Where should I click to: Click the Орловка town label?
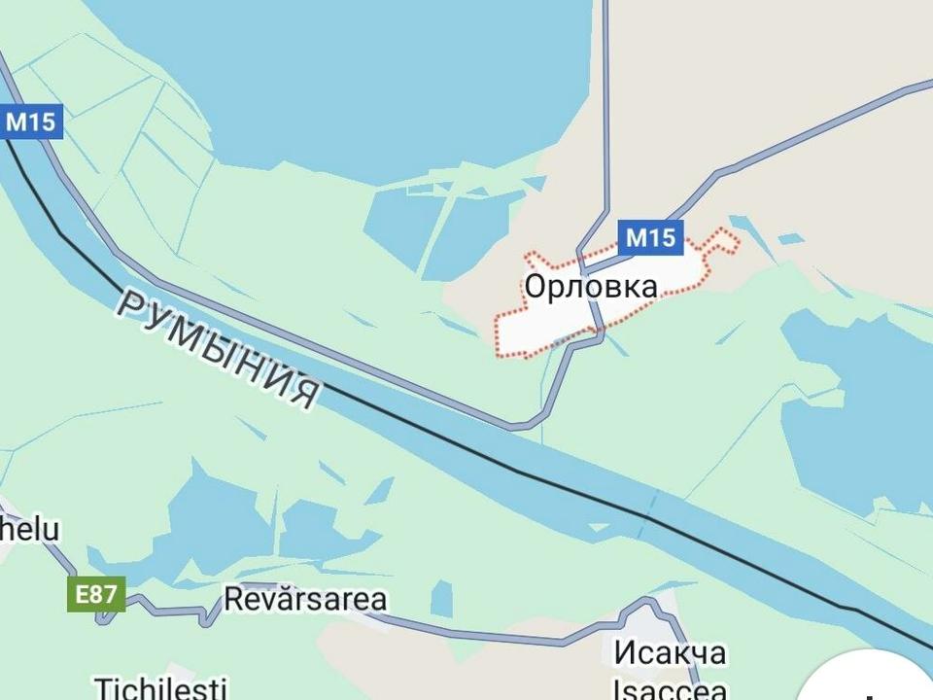(x=591, y=287)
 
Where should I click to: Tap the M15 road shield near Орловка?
(x=650, y=237)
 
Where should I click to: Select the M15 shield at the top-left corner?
(x=31, y=122)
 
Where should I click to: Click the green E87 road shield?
(x=96, y=594)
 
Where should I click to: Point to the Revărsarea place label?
(x=305, y=599)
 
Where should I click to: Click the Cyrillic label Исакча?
(x=670, y=652)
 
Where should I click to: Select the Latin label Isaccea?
(x=670, y=688)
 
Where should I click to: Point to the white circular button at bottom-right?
(x=875, y=681)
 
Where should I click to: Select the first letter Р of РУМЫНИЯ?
(x=130, y=303)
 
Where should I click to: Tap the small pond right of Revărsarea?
(x=442, y=597)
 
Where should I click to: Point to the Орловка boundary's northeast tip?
(x=735, y=238)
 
